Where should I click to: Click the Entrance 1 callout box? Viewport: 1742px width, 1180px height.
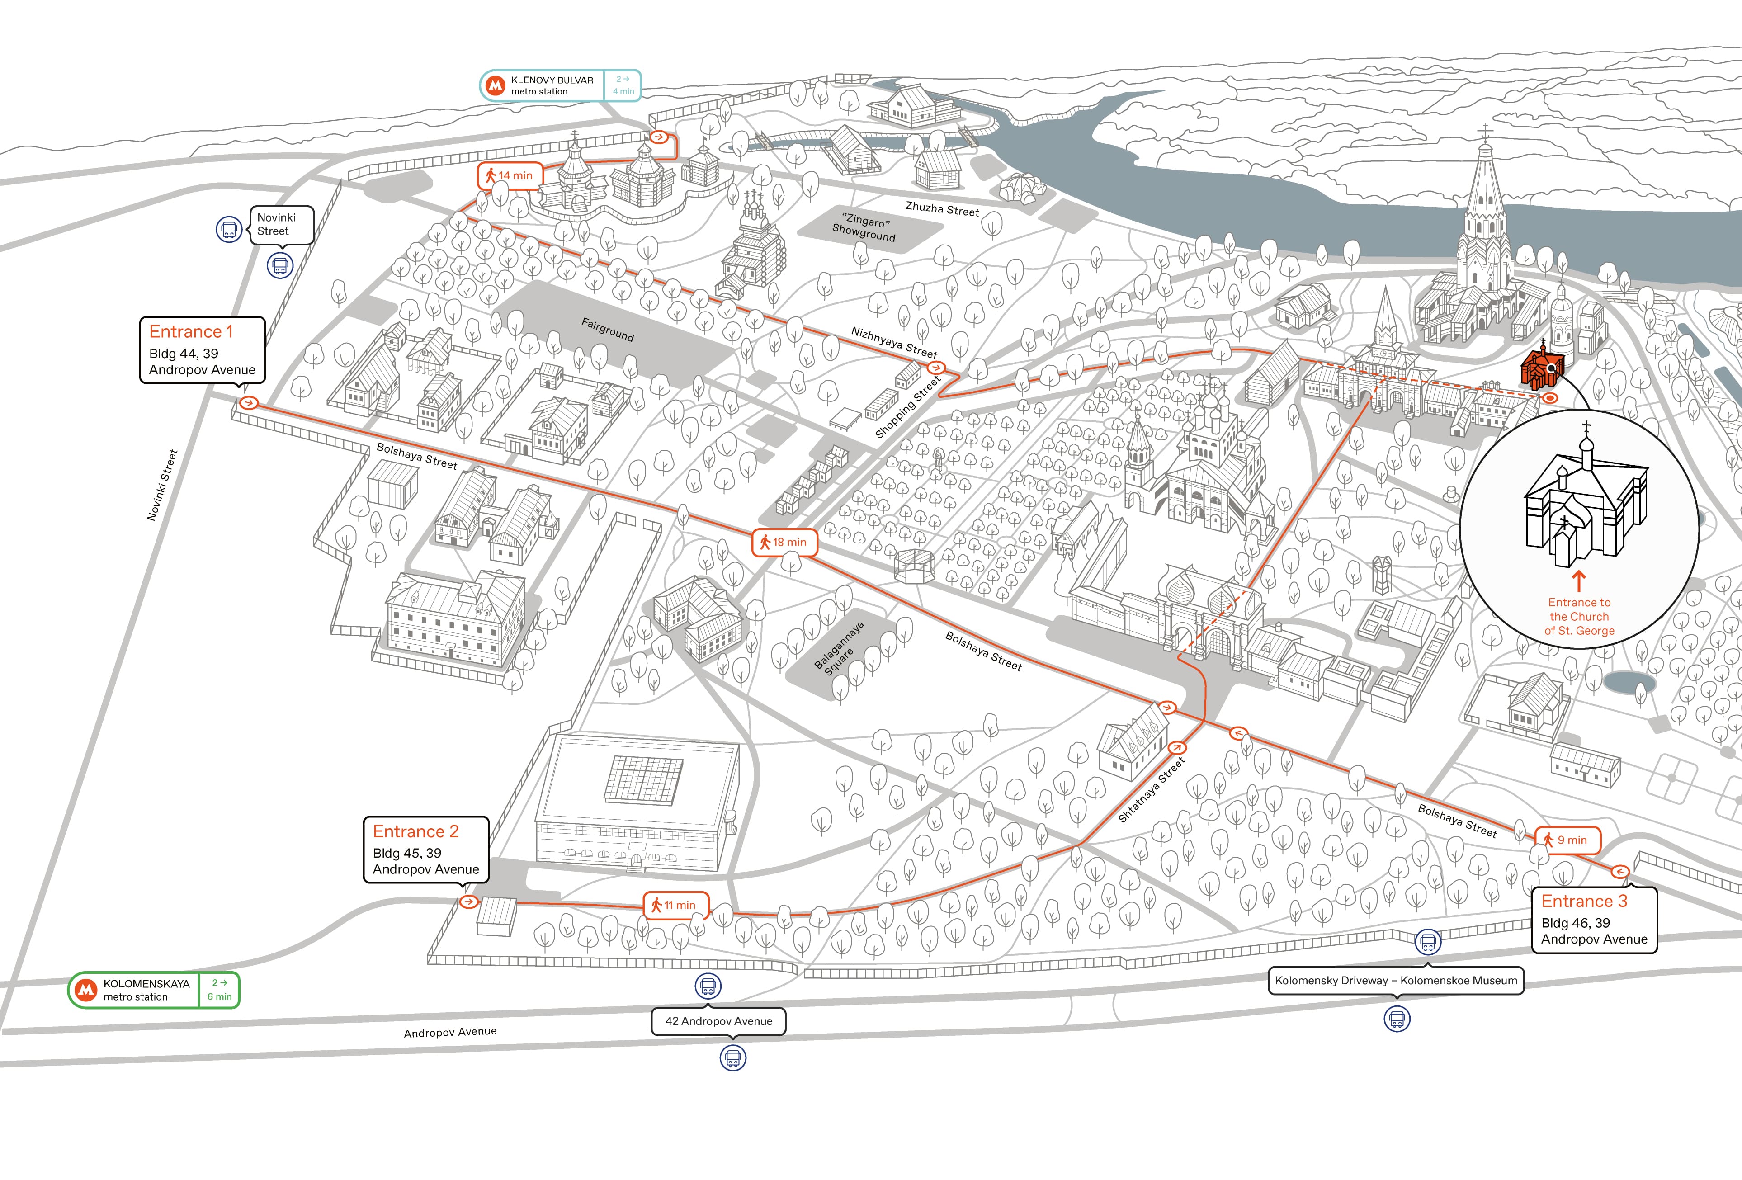coord(203,350)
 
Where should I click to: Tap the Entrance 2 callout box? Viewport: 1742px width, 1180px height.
coord(426,850)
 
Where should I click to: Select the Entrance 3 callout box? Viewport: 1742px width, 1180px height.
coord(1594,920)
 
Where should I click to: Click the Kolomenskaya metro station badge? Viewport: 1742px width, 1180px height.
coord(154,990)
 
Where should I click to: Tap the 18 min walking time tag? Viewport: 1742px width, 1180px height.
coord(784,542)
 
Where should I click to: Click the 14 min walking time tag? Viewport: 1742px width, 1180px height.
coord(510,175)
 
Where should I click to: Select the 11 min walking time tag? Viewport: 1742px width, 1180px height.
coord(675,905)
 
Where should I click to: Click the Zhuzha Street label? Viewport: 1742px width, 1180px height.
coord(942,209)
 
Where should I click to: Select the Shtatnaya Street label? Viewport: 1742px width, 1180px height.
coord(1152,789)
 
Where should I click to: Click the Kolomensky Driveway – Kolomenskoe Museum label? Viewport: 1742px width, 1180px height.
coord(1396,981)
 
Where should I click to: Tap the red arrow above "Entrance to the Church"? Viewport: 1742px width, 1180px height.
coord(1579,581)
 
